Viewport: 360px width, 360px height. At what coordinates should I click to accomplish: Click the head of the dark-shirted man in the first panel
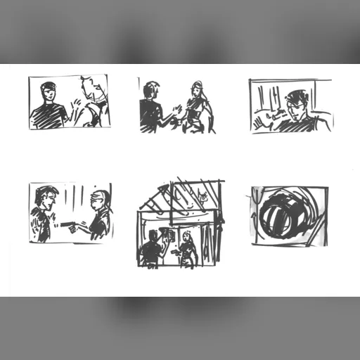pos(48,91)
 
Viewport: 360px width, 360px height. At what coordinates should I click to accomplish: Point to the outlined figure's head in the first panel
pos(90,89)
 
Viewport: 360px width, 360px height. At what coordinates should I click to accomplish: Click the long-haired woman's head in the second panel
pos(197,89)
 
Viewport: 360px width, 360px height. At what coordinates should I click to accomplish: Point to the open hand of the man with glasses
pos(262,122)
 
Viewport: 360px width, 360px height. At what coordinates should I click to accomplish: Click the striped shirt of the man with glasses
pos(302,125)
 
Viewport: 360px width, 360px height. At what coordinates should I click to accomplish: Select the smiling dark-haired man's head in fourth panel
pos(46,198)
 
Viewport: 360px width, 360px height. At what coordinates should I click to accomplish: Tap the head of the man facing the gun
pos(101,200)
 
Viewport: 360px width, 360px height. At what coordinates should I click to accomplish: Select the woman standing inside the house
pos(187,249)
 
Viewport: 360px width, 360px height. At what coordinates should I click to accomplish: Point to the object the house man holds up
pos(166,233)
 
